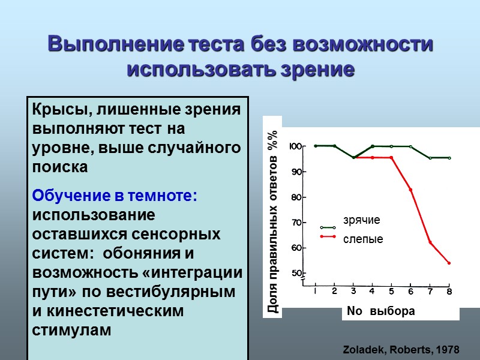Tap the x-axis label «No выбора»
(x=380, y=311)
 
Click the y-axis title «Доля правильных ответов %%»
(x=273, y=221)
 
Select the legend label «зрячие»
(x=361, y=220)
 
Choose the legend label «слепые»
(x=362, y=239)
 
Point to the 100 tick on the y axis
(x=296, y=146)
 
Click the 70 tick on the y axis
(x=297, y=223)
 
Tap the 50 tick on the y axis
(x=297, y=274)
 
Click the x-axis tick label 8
(x=449, y=292)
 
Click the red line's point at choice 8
(x=449, y=263)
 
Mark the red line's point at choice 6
(x=411, y=190)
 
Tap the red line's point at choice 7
(x=430, y=242)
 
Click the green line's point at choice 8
(x=449, y=158)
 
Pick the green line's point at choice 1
(x=316, y=146)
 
